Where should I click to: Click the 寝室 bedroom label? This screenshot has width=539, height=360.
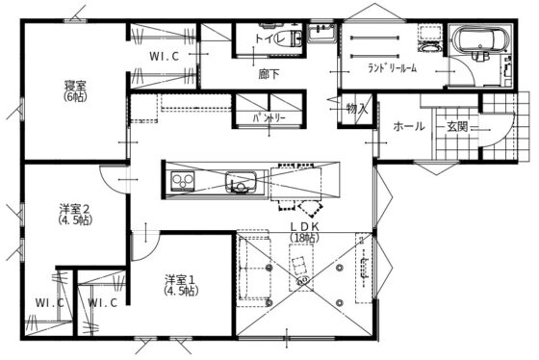(x=75, y=85)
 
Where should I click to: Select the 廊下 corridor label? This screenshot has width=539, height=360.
(x=269, y=73)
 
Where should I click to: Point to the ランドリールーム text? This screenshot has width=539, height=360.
(x=392, y=69)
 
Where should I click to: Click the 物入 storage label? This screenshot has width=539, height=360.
(x=356, y=109)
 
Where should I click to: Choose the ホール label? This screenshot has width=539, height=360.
(x=409, y=126)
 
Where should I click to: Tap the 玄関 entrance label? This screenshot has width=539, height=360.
(x=456, y=126)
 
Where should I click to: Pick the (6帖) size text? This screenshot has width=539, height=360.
(x=75, y=96)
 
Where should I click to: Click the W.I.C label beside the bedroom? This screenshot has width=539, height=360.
(x=165, y=57)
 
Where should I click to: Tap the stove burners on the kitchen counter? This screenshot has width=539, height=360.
(x=182, y=183)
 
